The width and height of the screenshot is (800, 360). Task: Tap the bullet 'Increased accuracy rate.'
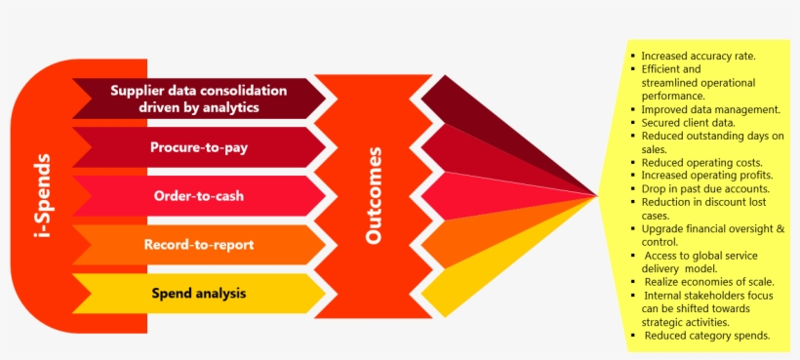698,57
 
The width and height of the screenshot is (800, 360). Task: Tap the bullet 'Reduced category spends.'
707,335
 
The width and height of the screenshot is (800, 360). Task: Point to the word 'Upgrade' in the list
664,228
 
